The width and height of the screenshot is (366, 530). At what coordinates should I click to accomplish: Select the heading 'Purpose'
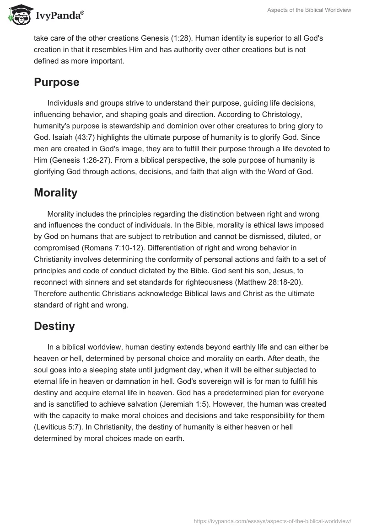[57, 83]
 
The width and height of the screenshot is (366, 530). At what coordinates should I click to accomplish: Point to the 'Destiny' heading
[54, 327]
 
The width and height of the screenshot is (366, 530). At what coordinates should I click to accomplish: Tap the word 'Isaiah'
[58, 138]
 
